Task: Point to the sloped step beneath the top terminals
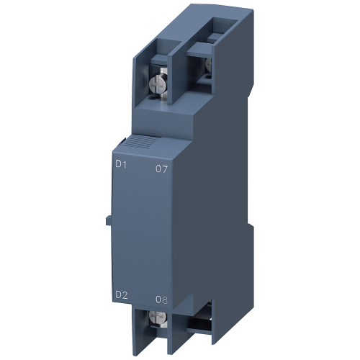166,126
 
